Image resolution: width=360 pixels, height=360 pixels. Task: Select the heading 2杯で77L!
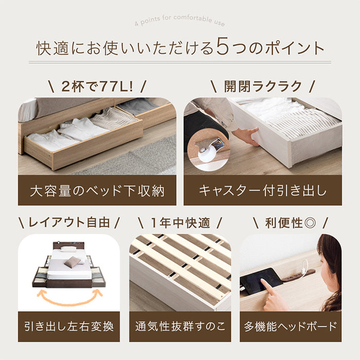coord(97,86)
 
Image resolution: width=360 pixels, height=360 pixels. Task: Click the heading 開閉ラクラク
coord(262,86)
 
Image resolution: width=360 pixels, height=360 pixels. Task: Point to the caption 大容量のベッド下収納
coord(97,191)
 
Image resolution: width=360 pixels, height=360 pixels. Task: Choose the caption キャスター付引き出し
coord(262,191)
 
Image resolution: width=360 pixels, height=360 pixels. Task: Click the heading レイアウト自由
coord(69,222)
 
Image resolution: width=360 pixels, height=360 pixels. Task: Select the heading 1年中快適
coord(180,222)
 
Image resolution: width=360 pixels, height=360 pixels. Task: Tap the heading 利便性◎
coord(291,222)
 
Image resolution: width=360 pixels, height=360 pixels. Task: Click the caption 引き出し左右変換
coord(69,326)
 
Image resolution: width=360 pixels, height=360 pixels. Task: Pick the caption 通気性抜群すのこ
coord(180,326)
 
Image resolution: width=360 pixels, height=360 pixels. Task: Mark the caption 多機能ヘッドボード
coord(291,326)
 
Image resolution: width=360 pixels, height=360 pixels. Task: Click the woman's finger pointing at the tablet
coord(266,284)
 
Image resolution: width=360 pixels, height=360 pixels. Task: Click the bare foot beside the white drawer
coord(246,136)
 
